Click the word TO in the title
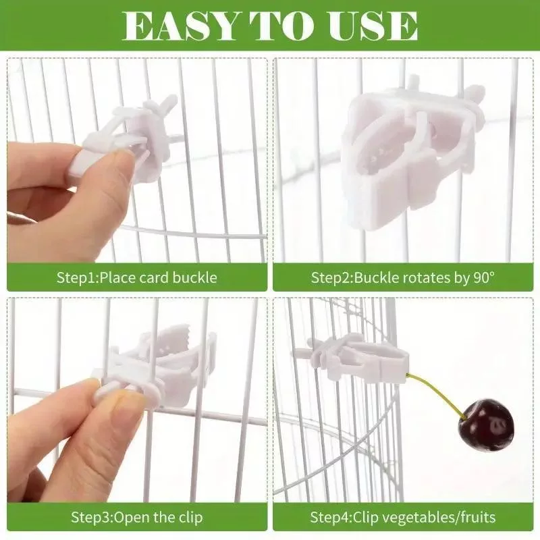[282, 26]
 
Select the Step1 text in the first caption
[76, 278]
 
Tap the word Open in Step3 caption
[131, 518]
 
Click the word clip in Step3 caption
[190, 517]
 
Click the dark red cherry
[486, 425]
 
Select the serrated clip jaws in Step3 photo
[174, 336]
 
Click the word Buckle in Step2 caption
[377, 277]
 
